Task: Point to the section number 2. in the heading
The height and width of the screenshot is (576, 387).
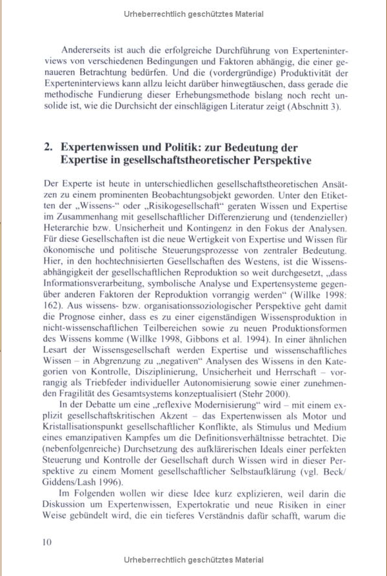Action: (48, 147)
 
